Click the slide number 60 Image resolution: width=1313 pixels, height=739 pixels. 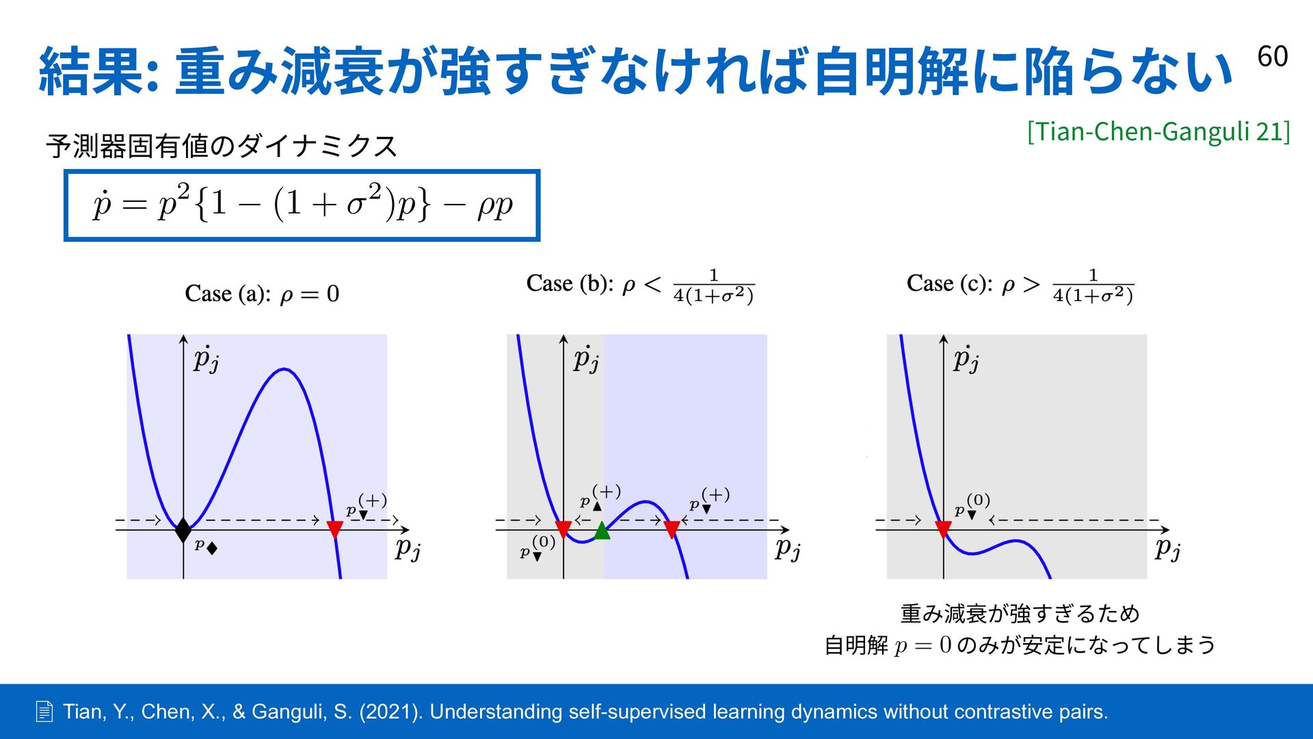1272,56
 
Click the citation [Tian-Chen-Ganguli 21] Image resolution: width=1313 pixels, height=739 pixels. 1158,131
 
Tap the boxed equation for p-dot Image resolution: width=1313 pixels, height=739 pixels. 302,205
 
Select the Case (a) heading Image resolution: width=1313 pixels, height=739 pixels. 262,294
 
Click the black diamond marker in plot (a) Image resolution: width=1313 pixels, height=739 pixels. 183,530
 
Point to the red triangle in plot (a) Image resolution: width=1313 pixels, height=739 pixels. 334,530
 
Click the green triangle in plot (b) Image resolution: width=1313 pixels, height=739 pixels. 602,530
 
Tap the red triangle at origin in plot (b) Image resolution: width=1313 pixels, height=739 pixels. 563,530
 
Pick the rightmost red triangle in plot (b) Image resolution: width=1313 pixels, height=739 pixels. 672,530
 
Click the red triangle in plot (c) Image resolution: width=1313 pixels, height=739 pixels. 943,530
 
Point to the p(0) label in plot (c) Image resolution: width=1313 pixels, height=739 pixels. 972,506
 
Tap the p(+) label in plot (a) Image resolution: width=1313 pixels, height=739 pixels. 367,506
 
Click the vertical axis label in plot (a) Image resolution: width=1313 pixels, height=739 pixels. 206,359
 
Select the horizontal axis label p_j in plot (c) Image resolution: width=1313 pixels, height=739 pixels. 1168,549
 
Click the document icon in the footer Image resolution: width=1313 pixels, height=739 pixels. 44,712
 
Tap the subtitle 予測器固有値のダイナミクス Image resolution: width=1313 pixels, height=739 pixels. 221,146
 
